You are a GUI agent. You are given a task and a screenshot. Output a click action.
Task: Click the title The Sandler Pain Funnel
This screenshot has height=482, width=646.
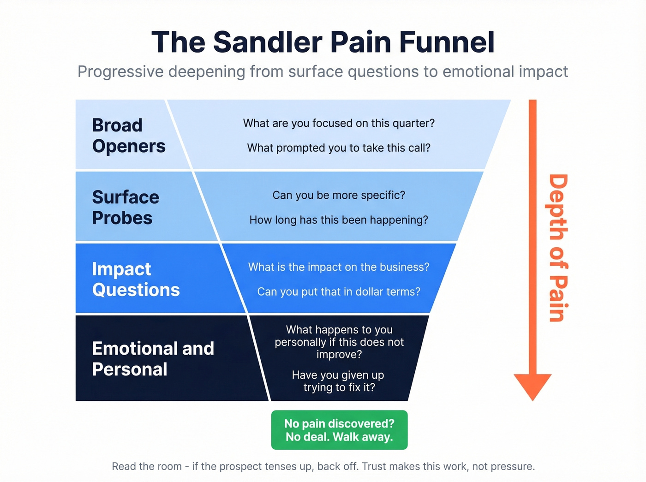(323, 42)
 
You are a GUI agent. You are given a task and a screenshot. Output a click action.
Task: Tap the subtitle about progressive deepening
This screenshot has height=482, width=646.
(323, 72)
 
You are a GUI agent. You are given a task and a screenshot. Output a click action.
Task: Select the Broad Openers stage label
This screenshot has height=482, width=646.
(128, 136)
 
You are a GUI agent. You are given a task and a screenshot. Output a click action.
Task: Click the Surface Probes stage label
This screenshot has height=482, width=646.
(126, 208)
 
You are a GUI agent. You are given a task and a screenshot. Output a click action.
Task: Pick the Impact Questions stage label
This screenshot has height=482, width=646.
(136, 280)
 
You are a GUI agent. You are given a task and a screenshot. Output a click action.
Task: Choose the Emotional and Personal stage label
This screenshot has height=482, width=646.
(153, 359)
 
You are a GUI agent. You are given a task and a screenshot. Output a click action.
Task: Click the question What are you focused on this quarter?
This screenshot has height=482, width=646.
(339, 124)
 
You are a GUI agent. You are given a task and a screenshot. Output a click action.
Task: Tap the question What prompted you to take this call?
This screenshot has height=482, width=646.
(339, 148)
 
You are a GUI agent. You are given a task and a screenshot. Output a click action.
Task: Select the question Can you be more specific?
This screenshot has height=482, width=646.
(339, 196)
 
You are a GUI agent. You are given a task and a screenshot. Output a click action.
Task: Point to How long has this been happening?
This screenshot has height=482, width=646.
(339, 220)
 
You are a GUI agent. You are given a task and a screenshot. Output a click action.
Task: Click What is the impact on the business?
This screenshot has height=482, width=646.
(339, 268)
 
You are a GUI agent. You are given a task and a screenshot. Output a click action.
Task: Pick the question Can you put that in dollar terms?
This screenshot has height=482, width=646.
(339, 292)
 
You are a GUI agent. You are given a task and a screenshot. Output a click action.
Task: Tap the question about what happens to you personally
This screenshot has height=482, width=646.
(339, 342)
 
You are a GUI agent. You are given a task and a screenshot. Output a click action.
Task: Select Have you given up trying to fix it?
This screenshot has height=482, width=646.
(339, 381)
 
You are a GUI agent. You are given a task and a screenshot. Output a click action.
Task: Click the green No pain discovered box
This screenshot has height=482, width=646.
(339, 430)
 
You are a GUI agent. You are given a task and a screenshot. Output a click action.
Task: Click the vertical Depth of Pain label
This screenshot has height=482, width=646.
(558, 248)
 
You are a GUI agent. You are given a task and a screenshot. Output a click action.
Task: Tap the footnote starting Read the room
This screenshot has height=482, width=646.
(323, 466)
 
